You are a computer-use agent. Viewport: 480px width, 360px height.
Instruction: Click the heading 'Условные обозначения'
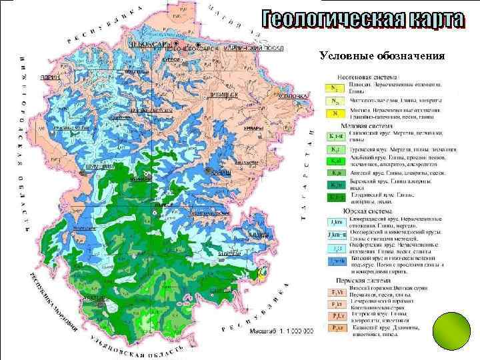pos(381,55)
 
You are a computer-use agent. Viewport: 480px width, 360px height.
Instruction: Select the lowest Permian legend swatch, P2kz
pos(337,328)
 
